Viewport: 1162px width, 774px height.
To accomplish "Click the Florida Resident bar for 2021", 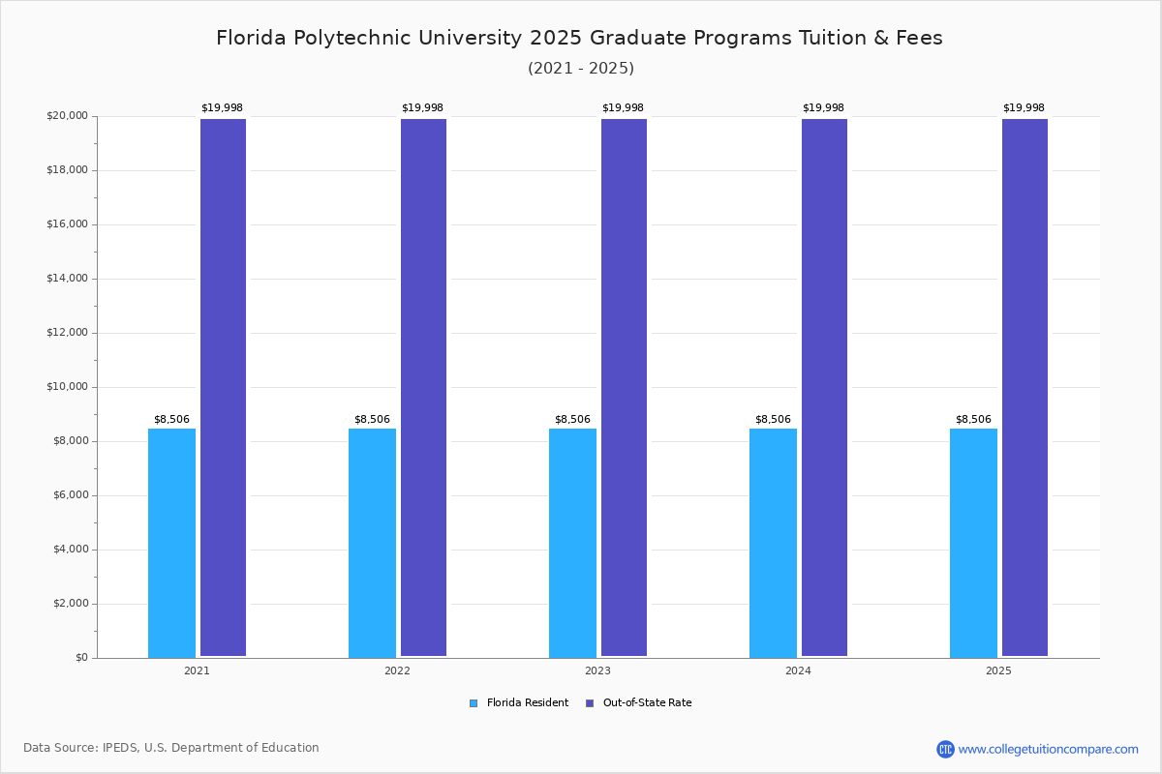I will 171,543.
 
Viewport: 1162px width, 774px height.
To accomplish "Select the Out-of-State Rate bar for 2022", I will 423,387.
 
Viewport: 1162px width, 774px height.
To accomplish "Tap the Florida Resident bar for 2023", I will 572,543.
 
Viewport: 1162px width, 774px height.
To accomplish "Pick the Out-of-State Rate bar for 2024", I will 824,387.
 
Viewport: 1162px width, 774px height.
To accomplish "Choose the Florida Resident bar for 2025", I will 973,543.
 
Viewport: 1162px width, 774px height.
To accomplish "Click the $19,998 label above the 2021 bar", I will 222,108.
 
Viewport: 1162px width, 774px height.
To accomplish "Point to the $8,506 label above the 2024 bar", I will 773,420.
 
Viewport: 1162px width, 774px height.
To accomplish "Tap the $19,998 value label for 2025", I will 1024,108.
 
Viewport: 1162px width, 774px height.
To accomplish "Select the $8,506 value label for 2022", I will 372,420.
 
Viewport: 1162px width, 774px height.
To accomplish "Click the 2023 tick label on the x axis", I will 597,670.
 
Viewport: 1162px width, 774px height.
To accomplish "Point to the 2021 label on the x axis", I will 197,670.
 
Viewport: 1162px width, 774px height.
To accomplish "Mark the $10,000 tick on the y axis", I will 67,387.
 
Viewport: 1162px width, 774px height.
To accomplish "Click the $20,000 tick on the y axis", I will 67,116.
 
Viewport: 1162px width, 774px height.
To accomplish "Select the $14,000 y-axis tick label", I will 67,279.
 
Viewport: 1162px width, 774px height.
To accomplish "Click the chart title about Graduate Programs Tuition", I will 579,38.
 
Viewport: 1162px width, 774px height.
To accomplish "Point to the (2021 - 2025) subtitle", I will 581,69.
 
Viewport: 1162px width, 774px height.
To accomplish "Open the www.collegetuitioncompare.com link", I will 1048,749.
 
